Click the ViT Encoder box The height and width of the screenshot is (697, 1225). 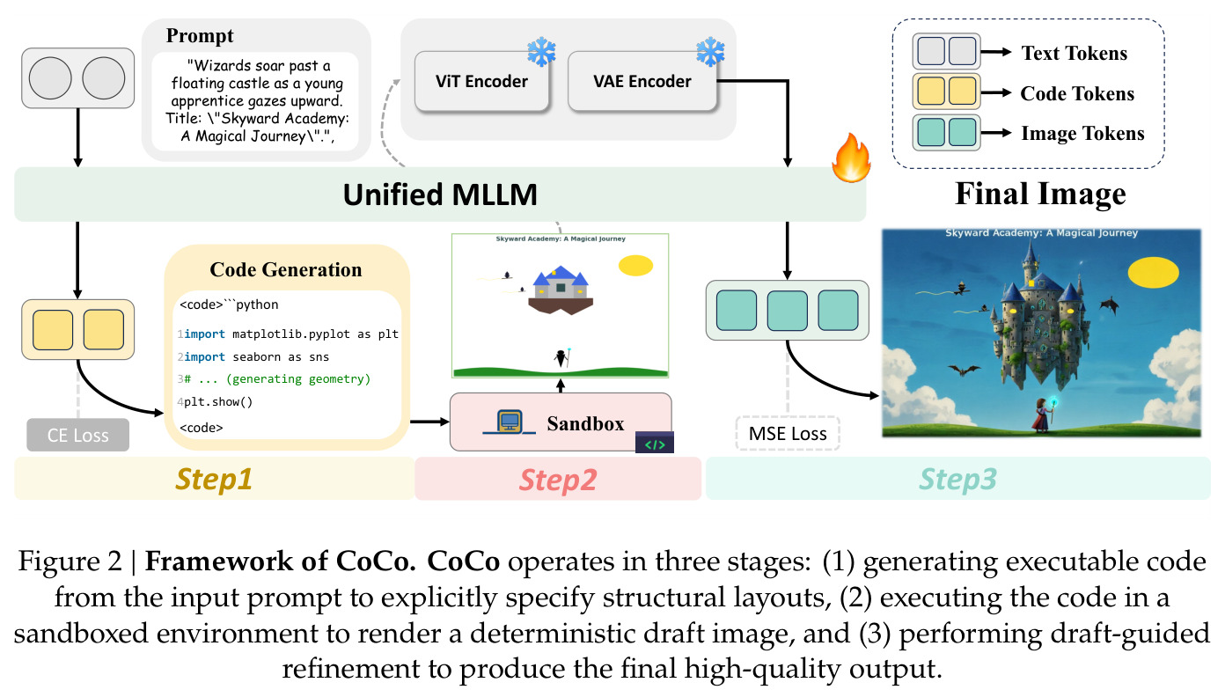pos(481,81)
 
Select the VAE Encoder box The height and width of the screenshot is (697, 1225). pos(642,81)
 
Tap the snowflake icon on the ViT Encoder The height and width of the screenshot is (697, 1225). pos(541,52)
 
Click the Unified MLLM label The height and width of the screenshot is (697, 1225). pos(440,194)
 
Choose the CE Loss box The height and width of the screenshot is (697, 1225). pos(77,435)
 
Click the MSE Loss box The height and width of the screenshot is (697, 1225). pos(788,433)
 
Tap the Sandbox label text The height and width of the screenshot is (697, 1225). pos(585,423)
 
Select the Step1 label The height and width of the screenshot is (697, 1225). pos(214,480)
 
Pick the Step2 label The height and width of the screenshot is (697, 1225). pos(558,481)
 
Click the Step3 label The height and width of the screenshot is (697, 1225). pos(957,480)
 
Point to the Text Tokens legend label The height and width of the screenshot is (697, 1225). pos(1075,53)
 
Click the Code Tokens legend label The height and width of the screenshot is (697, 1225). pos(1077,93)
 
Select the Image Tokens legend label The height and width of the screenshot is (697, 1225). pos(1082,134)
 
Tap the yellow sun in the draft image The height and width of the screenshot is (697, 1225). pos(635,266)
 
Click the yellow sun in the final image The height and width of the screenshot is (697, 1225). pos(1153,273)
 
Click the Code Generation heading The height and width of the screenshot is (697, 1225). pos(286,269)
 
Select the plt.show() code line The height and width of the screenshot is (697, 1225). pos(218,402)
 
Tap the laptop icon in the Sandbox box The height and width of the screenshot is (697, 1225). pos(510,422)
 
